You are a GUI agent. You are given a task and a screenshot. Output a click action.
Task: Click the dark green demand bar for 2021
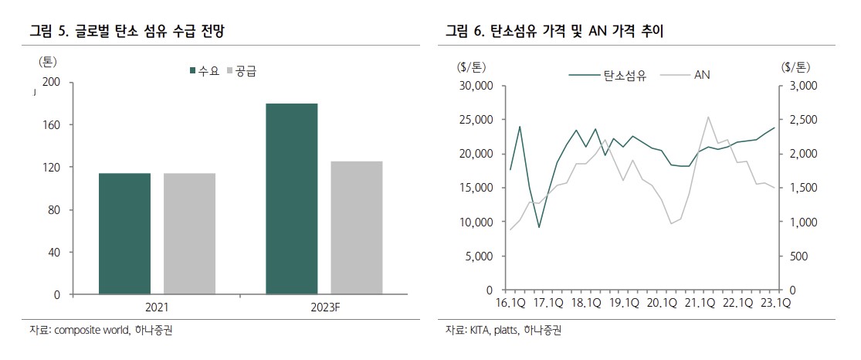(x=124, y=233)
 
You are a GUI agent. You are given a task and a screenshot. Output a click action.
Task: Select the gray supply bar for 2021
(x=188, y=233)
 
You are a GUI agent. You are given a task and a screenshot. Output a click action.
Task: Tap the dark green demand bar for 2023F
(x=291, y=199)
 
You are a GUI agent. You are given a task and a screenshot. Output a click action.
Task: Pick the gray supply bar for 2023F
(x=356, y=227)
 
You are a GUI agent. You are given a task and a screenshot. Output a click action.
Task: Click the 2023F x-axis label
(x=324, y=307)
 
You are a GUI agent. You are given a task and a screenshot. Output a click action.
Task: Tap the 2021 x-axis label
(x=157, y=307)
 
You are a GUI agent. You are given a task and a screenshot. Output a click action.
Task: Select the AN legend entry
(x=701, y=75)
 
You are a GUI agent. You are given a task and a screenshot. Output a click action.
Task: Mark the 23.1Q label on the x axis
(x=775, y=303)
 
